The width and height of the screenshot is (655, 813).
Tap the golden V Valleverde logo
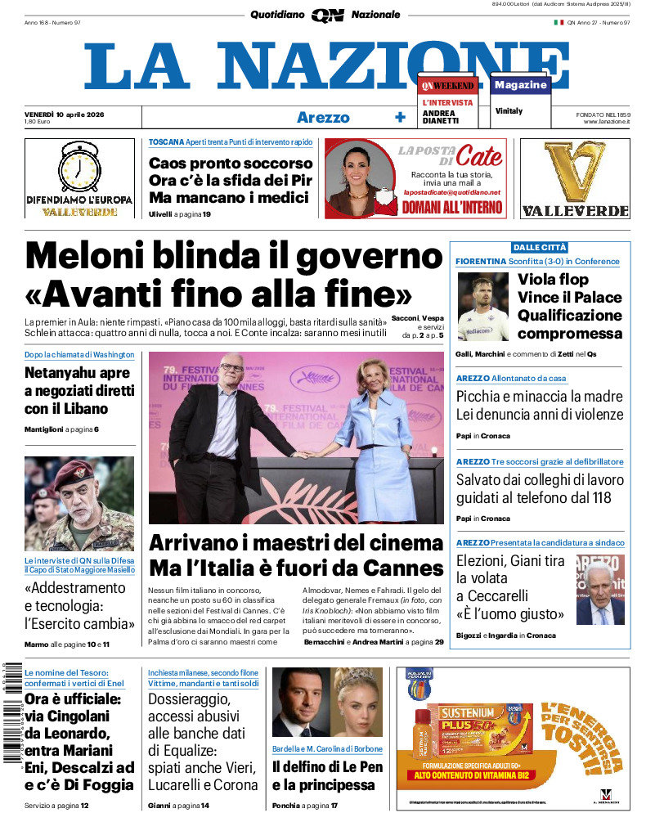point(575,173)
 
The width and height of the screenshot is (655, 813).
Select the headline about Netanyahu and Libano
point(79,391)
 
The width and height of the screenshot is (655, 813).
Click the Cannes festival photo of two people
point(296,437)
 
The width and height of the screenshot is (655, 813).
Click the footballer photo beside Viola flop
point(483,306)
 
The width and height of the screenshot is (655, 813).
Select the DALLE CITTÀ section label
point(540,248)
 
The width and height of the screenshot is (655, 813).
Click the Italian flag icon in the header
point(559,22)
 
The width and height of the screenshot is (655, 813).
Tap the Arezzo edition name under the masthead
point(322,117)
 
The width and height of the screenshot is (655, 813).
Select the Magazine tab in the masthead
point(520,85)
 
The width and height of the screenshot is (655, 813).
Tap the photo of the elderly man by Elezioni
point(599,589)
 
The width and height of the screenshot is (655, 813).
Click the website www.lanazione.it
point(607,121)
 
